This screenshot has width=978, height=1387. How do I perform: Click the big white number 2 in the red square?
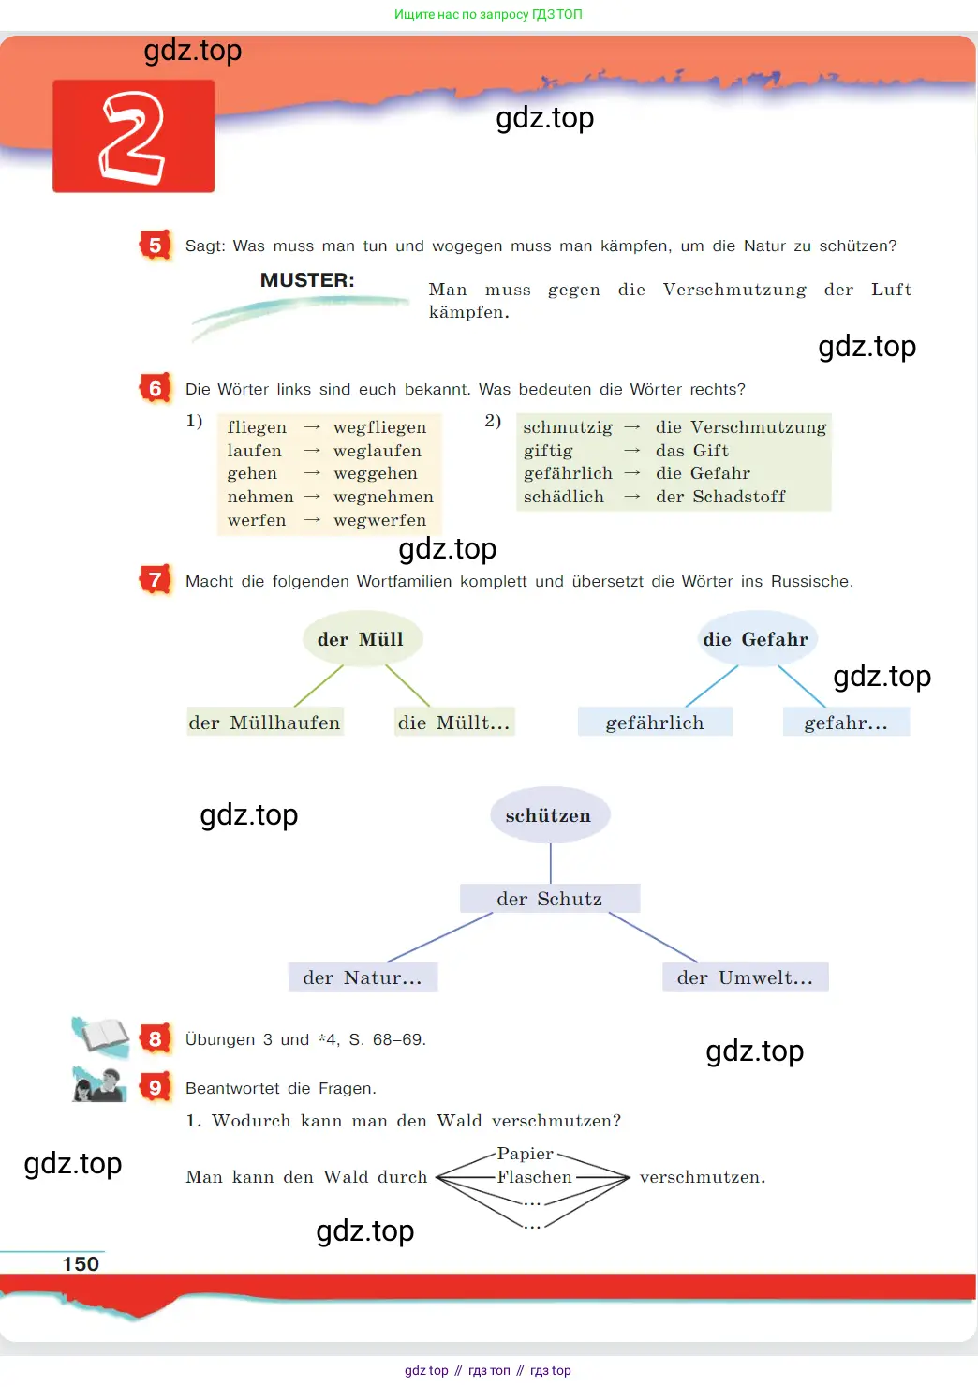(x=132, y=138)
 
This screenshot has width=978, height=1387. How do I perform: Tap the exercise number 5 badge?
(x=155, y=246)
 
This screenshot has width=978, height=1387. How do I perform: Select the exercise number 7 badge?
(x=155, y=580)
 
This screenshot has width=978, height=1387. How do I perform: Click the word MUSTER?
(x=307, y=280)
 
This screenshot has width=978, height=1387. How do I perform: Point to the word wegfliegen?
(x=380, y=427)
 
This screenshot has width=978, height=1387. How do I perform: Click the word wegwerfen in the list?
(x=380, y=520)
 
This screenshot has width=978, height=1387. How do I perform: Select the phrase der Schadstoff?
(x=720, y=497)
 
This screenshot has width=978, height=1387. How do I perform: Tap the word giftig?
(x=548, y=451)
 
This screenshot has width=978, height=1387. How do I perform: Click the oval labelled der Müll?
(x=363, y=638)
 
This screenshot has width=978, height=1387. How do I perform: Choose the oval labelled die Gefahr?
(x=756, y=638)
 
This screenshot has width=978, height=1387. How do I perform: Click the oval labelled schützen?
(x=550, y=815)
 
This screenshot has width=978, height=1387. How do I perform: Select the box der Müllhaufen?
(x=265, y=722)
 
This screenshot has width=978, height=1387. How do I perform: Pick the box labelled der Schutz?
(x=550, y=899)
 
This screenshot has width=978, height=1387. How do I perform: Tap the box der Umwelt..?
(x=746, y=977)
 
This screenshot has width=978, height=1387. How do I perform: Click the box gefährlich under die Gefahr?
(x=655, y=722)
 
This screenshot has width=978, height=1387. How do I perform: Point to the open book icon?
(x=101, y=1036)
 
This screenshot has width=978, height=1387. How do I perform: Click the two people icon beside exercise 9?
(x=99, y=1085)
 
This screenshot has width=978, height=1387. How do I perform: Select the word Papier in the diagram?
(x=525, y=1154)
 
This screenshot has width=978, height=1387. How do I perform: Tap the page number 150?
(x=81, y=1264)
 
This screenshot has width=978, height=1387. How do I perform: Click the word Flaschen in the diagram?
(x=534, y=1176)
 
